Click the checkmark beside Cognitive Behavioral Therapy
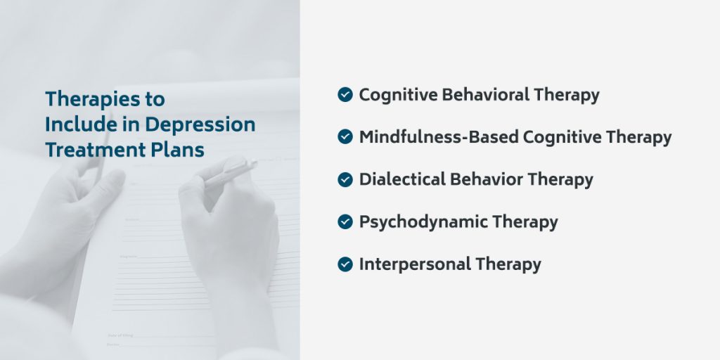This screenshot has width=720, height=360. (345, 95)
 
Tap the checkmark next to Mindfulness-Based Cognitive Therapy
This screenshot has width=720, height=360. (345, 137)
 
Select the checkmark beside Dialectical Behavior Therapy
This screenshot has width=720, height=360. (345, 179)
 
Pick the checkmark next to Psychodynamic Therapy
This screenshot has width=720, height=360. (345, 221)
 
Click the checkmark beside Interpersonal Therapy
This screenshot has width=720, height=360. (345, 264)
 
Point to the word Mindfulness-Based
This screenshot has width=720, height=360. (439, 137)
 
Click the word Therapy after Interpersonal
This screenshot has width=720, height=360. (508, 264)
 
